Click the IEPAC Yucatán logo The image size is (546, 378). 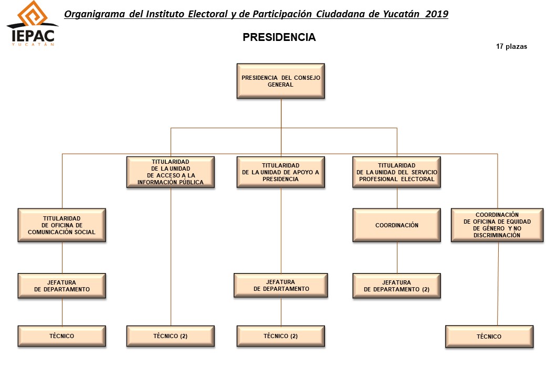pyautogui.click(x=33, y=23)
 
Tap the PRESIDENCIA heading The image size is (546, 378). pyautogui.click(x=279, y=37)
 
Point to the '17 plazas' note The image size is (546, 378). pyautogui.click(x=511, y=47)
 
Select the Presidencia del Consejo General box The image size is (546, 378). pyautogui.click(x=281, y=81)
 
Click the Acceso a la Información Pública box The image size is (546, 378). pyautogui.click(x=171, y=172)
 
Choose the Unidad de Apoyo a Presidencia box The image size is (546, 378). pyautogui.click(x=281, y=172)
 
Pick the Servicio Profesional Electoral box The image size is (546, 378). pyautogui.click(x=396, y=172)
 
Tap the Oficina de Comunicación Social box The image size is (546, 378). pyautogui.click(x=61, y=225)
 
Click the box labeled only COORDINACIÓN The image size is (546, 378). pyautogui.click(x=396, y=225)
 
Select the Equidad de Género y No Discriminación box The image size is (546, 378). pyautogui.click(x=497, y=225)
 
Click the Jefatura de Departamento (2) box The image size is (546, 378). pyautogui.click(x=396, y=286)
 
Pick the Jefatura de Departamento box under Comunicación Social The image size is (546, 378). pyautogui.click(x=61, y=286)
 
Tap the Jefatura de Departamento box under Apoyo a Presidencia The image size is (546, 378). pyautogui.click(x=281, y=286)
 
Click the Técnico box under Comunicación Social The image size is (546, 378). pyautogui.click(x=61, y=336)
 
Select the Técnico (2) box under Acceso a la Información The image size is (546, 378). pyautogui.click(x=171, y=336)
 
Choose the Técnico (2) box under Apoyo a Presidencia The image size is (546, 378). pyautogui.click(x=281, y=336)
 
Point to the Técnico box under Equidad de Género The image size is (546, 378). pyautogui.click(x=489, y=337)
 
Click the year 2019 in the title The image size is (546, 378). pyautogui.click(x=437, y=14)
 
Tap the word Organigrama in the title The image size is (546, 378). pyautogui.click(x=94, y=14)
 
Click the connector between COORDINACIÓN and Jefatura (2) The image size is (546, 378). pyautogui.click(x=397, y=258)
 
